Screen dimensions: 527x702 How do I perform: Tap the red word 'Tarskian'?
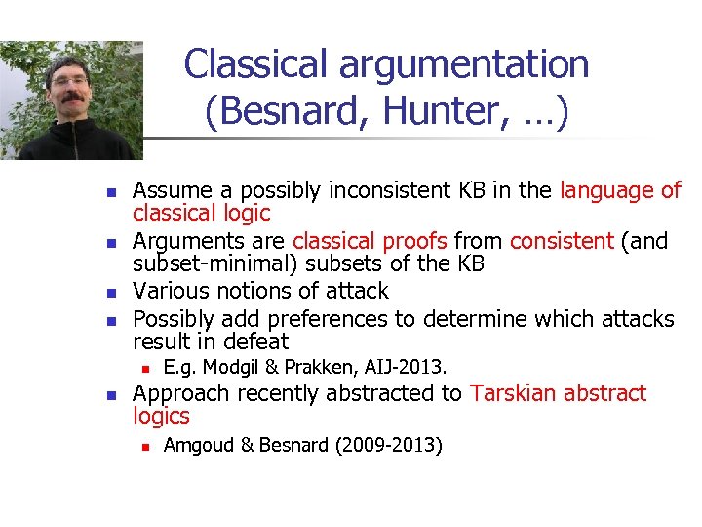coord(513,393)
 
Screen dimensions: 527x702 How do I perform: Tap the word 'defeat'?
coord(256,342)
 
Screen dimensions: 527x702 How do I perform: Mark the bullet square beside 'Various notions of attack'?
coord(111,292)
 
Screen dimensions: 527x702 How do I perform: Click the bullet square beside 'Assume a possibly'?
coord(111,191)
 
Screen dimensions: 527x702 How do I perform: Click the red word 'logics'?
coord(161,417)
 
